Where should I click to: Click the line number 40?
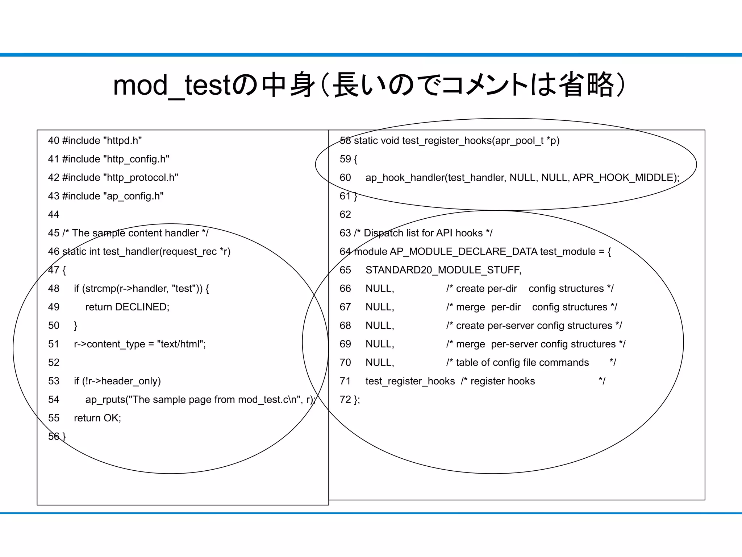[x=54, y=141]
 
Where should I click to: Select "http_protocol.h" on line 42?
[x=141, y=178]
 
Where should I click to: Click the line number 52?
[x=54, y=363]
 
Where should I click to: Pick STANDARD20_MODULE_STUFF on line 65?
[x=443, y=270]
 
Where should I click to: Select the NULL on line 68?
[x=379, y=326]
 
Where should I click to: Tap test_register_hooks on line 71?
[x=410, y=381]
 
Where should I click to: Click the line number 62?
[x=345, y=215]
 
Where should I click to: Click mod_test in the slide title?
[x=172, y=86]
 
